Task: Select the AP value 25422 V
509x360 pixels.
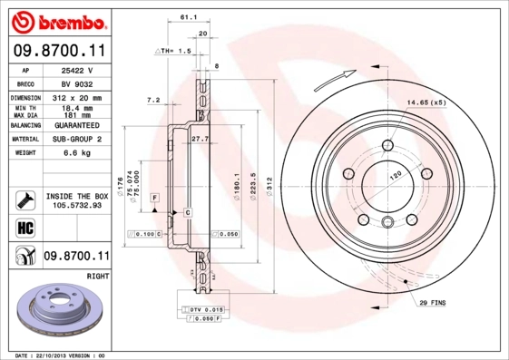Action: tap(78, 70)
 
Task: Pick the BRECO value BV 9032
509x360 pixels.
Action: tap(77, 83)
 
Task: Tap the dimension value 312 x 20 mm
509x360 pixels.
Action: tap(77, 97)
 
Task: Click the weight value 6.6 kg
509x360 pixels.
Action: tap(77, 154)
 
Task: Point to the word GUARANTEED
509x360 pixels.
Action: tap(77, 126)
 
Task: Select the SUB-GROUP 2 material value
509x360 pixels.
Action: tap(77, 140)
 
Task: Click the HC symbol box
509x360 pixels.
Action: tap(24, 227)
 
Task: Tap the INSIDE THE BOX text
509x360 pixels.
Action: tap(77, 196)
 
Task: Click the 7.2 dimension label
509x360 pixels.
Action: tap(152, 100)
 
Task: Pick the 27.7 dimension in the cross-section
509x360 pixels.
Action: tap(201, 139)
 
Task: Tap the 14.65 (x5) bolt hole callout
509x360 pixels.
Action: tap(426, 102)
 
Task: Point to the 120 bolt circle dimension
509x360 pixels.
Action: tap(395, 176)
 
